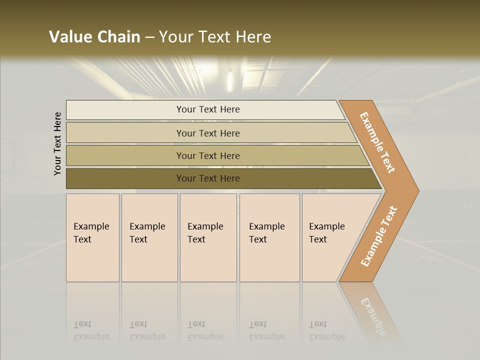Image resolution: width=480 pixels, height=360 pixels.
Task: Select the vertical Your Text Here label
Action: click(x=57, y=143)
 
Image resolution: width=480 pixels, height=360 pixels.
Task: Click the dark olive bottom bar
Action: click(x=125, y=178)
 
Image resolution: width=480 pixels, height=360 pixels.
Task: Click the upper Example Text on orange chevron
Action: click(x=377, y=142)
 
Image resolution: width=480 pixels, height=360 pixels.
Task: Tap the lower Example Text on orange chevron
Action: click(x=379, y=236)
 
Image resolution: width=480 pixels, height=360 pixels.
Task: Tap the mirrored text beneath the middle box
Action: click(x=205, y=330)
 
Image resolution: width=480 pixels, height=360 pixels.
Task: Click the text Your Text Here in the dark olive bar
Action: click(x=208, y=178)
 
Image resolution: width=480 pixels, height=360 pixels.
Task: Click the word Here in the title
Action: click(x=252, y=37)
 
